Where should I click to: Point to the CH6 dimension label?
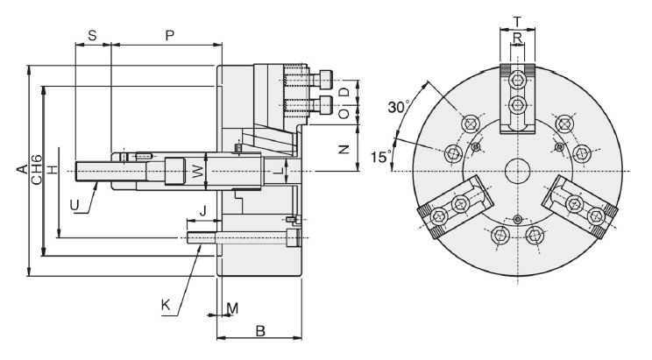tap(36, 168)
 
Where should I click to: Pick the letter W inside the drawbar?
tap(199, 169)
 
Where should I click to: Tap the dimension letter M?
tap(232, 308)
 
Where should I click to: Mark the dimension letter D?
tap(344, 90)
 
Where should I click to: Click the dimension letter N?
tap(344, 148)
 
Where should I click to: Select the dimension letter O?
tap(344, 113)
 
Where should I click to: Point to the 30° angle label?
tap(399, 107)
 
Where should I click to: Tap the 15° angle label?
tap(379, 158)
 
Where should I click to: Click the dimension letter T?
tap(517, 22)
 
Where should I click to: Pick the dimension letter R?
tap(517, 38)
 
